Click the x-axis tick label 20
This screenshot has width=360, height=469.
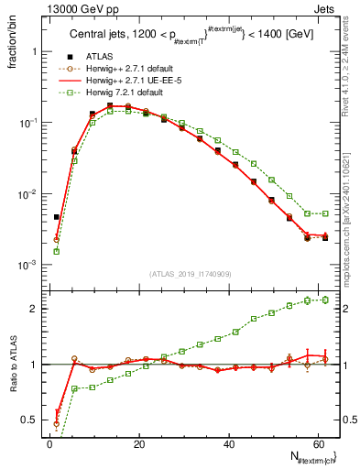(x=138, y=443)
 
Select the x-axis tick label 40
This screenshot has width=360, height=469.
(x=228, y=443)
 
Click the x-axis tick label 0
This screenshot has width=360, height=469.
(x=49, y=443)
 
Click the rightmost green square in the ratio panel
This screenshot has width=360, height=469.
(x=324, y=300)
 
